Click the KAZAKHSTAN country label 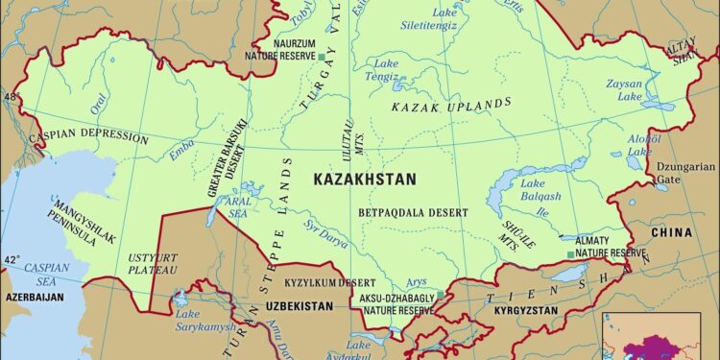364,180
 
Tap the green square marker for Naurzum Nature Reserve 322,57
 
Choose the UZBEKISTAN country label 297,305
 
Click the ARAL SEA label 236,207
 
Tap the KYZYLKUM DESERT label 328,284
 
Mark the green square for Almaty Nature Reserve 570,254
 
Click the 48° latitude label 11,98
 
